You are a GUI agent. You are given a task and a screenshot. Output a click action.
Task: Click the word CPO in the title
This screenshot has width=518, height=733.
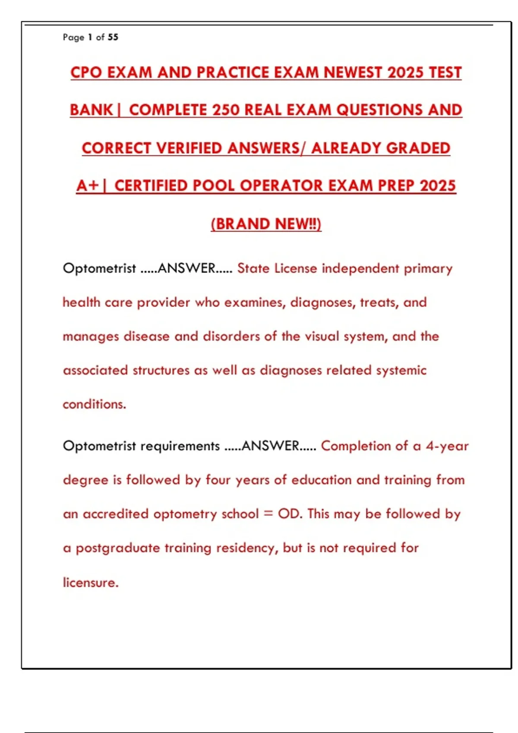(86, 72)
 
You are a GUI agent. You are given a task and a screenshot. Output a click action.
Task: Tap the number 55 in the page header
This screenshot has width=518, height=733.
(113, 37)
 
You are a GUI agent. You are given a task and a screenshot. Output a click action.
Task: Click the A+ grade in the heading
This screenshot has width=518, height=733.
(87, 186)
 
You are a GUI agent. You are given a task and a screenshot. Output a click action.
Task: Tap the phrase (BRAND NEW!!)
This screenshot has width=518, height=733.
(266, 224)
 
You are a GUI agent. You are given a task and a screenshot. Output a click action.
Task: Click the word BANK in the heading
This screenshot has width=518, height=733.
(91, 110)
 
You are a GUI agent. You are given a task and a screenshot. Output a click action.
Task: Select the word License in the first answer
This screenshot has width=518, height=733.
(296, 269)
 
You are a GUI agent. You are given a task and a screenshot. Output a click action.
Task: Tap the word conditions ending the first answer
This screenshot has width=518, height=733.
(94, 404)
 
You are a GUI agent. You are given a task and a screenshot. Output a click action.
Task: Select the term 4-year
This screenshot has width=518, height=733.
(447, 446)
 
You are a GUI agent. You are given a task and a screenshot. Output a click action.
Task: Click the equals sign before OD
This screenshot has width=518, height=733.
(268, 514)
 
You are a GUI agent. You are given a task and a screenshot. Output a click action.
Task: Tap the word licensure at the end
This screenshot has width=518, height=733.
(90, 583)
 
